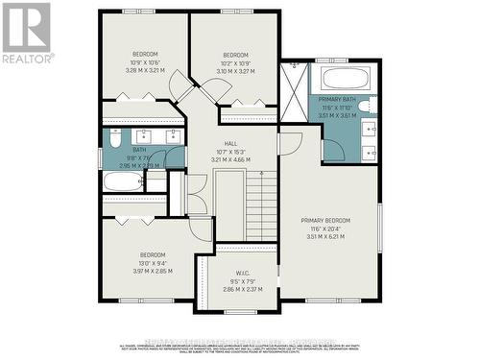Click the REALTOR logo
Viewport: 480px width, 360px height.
pos(26,34)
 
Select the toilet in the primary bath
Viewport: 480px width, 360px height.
pos(372,105)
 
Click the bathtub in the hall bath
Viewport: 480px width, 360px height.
pos(123,180)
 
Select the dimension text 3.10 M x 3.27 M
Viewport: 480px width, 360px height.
pos(235,70)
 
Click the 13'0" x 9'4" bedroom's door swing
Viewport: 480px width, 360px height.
pos(201,228)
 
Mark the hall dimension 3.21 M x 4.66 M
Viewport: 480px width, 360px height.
pos(228,158)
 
